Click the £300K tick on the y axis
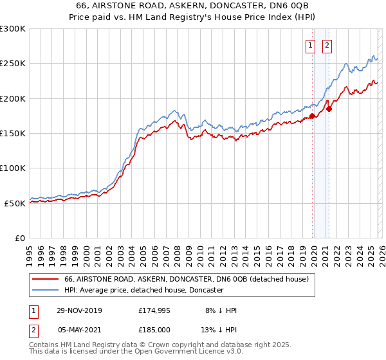(13, 29)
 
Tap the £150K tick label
(13, 134)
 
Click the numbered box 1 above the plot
(311, 45)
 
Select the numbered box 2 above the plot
(327, 45)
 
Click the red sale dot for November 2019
(312, 116)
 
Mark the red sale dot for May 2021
(329, 109)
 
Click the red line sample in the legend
(45, 280)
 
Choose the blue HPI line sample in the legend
(45, 291)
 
